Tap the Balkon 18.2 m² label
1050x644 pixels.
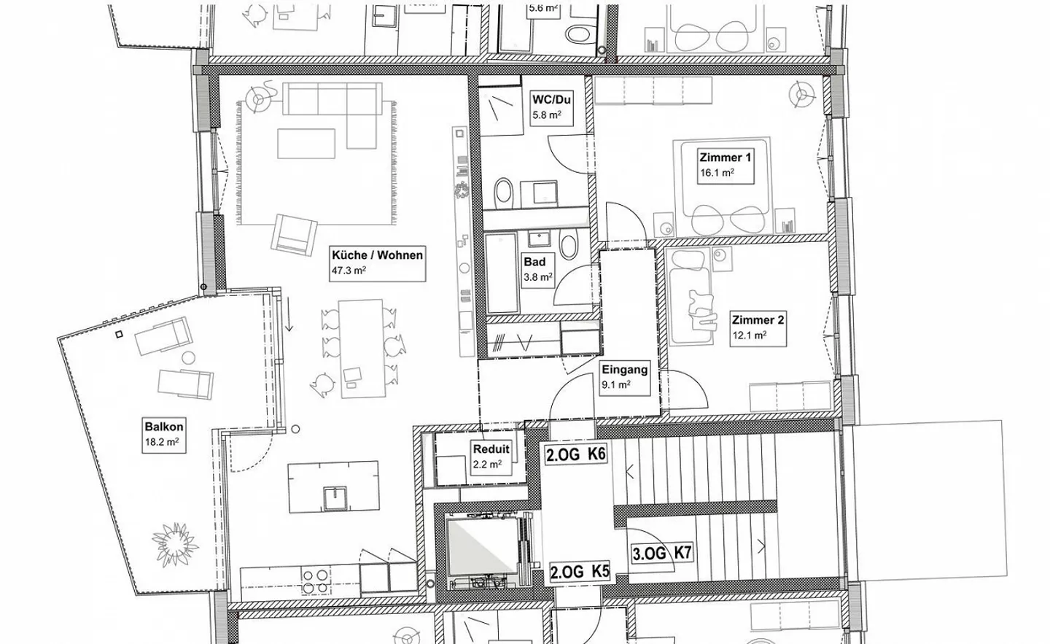click(x=163, y=434)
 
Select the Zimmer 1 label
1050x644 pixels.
click(x=725, y=165)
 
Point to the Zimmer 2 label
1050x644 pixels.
click(x=758, y=327)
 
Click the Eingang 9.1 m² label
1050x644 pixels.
click(x=624, y=377)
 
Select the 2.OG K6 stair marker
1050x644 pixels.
click(x=576, y=454)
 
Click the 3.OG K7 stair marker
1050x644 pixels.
click(x=661, y=554)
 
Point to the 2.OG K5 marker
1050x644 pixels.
click(x=579, y=573)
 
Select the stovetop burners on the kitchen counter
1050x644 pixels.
click(x=316, y=581)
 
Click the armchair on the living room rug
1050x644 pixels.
click(x=294, y=233)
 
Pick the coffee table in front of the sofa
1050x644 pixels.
click(x=306, y=144)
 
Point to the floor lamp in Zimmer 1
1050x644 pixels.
click(x=802, y=94)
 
